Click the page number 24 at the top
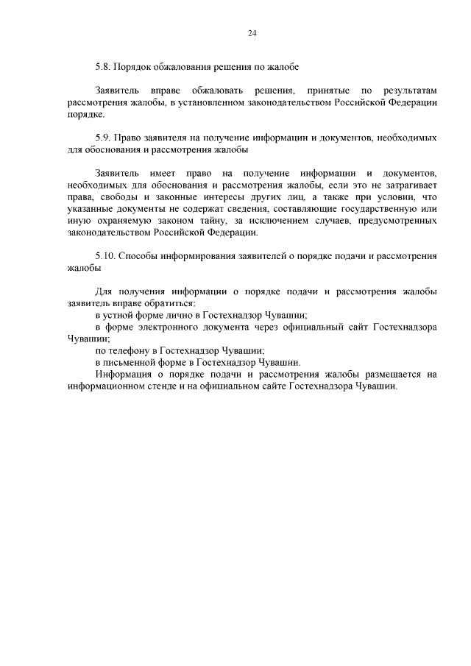tap(252, 34)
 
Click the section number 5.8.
tap(103, 67)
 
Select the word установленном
tap(212, 103)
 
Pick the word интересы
tap(224, 197)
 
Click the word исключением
tap(280, 221)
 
